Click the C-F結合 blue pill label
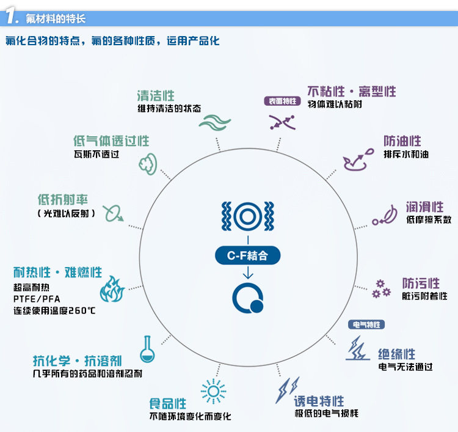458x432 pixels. (248, 255)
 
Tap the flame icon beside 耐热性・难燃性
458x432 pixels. (112, 289)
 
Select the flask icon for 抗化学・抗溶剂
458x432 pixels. (147, 349)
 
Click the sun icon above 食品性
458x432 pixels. (214, 392)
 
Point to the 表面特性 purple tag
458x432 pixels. (283, 101)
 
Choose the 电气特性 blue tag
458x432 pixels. (366, 324)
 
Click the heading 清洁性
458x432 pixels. (156, 96)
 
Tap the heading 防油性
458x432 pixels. (402, 141)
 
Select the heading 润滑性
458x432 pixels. (424, 207)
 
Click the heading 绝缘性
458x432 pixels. (397, 354)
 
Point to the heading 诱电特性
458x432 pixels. (319, 401)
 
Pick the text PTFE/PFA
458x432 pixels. (37, 299)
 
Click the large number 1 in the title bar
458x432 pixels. (11, 15)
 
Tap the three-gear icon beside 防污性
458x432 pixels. (381, 289)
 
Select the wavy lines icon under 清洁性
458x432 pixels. (215, 122)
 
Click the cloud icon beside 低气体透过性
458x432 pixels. (148, 164)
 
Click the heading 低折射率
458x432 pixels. (63, 200)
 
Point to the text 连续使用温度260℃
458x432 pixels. (54, 310)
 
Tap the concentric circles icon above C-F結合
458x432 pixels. (248, 216)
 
